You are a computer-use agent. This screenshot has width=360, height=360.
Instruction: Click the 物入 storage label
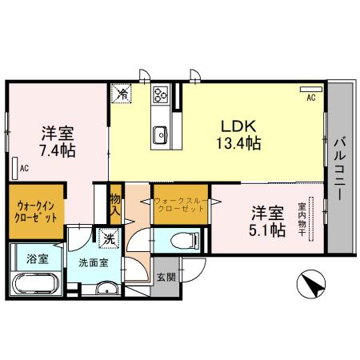115,205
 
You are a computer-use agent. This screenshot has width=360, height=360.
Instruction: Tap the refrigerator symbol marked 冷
122,94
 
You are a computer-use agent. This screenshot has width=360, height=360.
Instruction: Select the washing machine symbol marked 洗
108,238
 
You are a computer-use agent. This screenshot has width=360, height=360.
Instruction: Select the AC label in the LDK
310,98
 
